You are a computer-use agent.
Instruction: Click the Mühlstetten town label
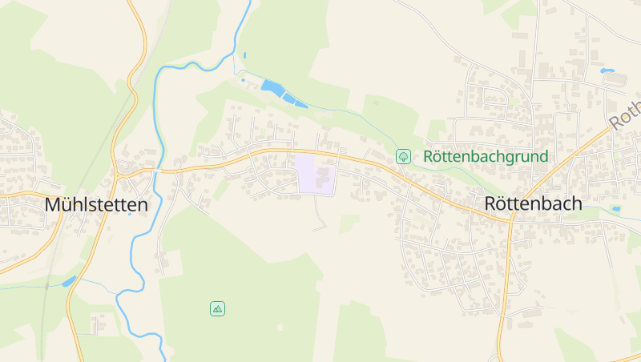click(96, 205)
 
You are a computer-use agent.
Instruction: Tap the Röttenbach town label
click(533, 204)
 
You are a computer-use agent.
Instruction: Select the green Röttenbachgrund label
click(486, 156)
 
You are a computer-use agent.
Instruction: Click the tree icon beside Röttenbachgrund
click(403, 156)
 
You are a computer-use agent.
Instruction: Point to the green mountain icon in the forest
click(217, 308)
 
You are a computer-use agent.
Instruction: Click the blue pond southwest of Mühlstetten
click(69, 281)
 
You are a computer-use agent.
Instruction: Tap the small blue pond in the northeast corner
click(607, 70)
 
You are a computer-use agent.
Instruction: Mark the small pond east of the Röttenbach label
click(615, 209)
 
